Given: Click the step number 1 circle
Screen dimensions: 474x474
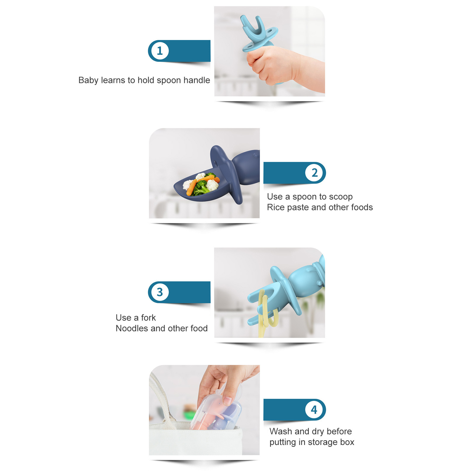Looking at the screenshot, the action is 160,51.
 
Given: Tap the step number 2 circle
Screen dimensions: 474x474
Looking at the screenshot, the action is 314,173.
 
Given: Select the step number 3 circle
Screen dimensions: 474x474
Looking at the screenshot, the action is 160,292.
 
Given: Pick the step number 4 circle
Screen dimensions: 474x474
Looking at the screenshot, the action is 314,410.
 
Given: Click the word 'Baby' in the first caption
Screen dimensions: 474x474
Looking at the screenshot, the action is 88,81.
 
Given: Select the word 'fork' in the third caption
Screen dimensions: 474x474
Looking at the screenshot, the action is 148,318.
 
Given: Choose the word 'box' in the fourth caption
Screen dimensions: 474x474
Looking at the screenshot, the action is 347,442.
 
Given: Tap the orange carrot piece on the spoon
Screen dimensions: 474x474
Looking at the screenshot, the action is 192,187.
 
